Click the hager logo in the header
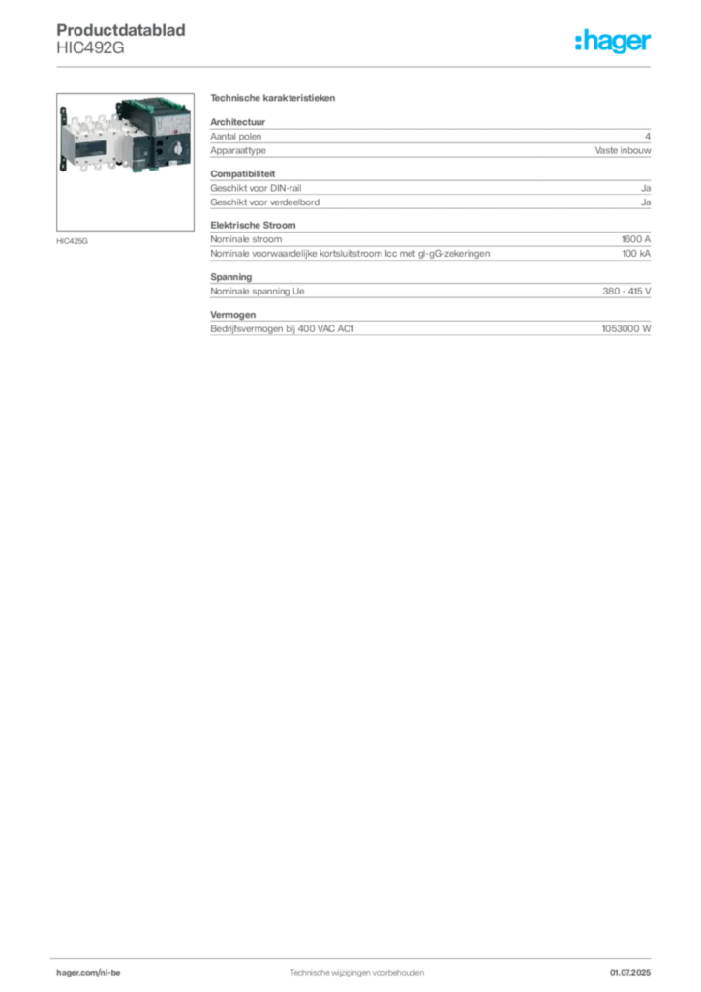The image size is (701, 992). tap(613, 41)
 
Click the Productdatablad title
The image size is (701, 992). tap(121, 30)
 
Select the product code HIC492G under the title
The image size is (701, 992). tap(90, 48)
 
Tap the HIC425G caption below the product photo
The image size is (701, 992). tap(72, 241)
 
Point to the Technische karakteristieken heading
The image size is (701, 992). tap(272, 98)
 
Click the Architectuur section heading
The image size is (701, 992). tap(237, 121)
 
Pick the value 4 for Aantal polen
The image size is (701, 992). tap(648, 136)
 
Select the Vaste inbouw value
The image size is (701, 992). tap(623, 150)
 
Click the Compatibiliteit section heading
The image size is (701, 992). tap(243, 173)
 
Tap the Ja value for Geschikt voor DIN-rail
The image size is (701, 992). tap(646, 188)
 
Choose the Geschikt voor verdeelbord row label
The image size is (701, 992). tap(265, 202)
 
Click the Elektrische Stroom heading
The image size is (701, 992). tap(253, 225)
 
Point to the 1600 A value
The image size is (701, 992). tap(636, 239)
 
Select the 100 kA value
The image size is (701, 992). tap(636, 254)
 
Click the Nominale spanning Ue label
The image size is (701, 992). tap(258, 291)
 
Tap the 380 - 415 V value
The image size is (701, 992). tap(626, 291)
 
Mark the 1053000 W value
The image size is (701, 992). tap(625, 329)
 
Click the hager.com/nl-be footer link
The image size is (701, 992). tap(88, 973)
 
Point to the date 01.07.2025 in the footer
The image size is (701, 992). tap(630, 973)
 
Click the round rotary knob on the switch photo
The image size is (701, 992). tap(177, 150)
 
